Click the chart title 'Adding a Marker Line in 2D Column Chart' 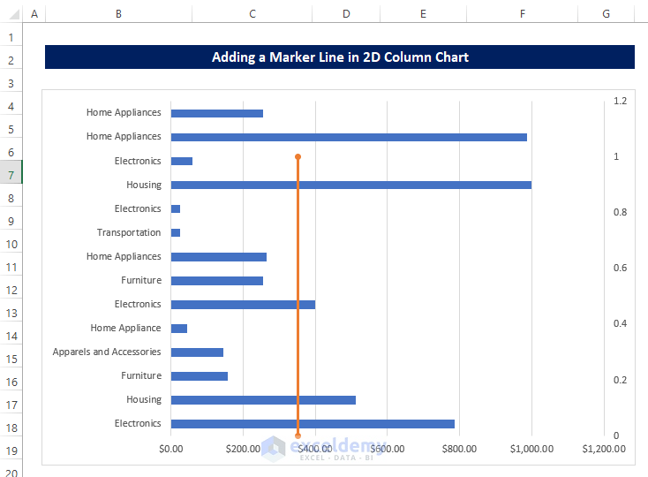(x=340, y=57)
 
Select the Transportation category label (x=129, y=232)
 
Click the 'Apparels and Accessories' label (x=107, y=352)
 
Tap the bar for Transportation (x=176, y=232)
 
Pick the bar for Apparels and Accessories (x=197, y=352)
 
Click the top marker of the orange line (x=298, y=156)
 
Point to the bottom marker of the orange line (x=298, y=435)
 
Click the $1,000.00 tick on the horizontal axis (x=531, y=449)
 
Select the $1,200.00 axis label (x=603, y=449)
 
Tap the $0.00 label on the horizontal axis (x=170, y=449)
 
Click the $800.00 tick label (x=459, y=449)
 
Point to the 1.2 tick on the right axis (x=620, y=101)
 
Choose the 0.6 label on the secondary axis (x=620, y=269)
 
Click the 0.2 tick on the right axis (x=620, y=380)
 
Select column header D (x=345, y=14)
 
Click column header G (x=606, y=14)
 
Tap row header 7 (x=11, y=175)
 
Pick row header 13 (x=11, y=313)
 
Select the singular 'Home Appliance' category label (x=125, y=328)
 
